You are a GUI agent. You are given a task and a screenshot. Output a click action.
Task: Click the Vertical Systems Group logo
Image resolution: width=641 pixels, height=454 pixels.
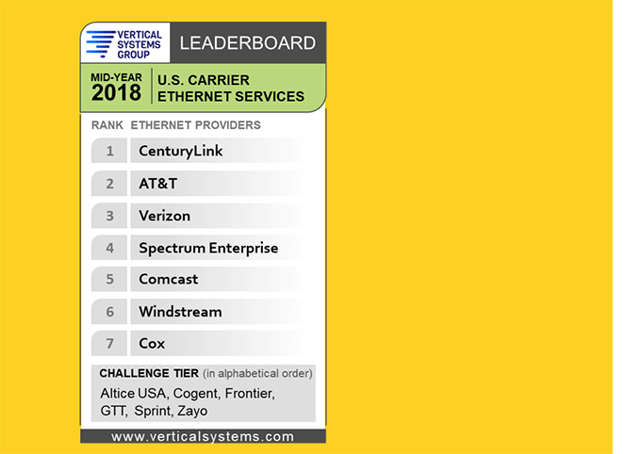[x=123, y=43]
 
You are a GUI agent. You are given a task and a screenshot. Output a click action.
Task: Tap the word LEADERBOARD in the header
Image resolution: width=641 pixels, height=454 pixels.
[x=247, y=42]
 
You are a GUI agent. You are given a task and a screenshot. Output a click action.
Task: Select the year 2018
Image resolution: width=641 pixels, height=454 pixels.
[x=116, y=92]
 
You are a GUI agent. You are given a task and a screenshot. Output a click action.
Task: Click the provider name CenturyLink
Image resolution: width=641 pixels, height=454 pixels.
[x=181, y=151]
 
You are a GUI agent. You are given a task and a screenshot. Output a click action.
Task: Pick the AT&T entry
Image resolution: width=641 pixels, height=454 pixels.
[x=157, y=183]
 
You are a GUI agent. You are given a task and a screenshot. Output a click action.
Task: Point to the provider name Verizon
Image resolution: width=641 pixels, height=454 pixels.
[x=164, y=216]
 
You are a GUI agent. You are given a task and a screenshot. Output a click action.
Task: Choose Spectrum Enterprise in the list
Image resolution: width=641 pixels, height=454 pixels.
[x=208, y=248]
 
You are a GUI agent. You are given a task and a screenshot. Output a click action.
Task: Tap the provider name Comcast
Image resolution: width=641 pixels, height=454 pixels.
[x=168, y=280]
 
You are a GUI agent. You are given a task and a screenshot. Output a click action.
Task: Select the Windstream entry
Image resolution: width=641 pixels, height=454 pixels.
[x=180, y=312]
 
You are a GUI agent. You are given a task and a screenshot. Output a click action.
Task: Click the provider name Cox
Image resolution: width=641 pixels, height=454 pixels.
[x=152, y=344]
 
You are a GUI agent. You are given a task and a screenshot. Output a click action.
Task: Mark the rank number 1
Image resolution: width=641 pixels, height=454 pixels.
[x=109, y=151]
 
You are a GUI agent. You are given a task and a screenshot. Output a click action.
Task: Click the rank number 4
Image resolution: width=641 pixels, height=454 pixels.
[x=109, y=248]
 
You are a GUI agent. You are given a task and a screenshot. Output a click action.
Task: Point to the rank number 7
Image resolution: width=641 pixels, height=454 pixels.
[x=109, y=344]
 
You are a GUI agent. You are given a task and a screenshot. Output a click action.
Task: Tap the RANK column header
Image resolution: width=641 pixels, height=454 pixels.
[x=107, y=125]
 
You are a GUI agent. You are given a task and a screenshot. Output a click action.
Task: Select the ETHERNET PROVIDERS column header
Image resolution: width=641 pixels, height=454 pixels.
[x=195, y=125]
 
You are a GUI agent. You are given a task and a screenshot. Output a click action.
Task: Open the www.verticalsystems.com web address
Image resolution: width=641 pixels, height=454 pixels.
[x=203, y=437]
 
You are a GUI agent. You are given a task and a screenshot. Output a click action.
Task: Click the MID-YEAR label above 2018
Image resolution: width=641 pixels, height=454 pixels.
[x=116, y=75]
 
